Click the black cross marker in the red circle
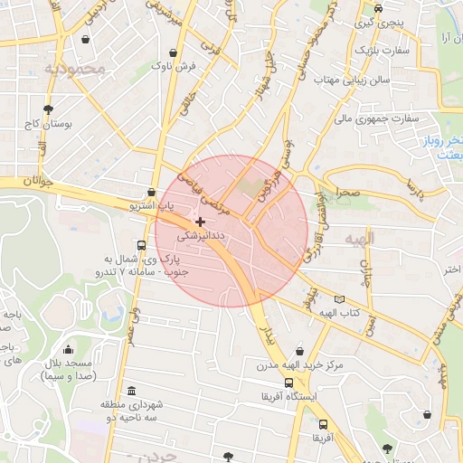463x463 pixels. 200,222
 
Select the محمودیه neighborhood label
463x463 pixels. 78,69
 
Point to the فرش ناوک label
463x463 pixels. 173,66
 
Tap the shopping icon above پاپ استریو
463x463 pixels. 150,193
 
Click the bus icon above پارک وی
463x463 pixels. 141,245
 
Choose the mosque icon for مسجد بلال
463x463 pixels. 68,350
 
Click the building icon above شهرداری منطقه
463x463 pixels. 133,391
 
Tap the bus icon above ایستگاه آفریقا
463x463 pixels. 288,383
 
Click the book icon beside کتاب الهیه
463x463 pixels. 339,299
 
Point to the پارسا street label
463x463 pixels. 414,189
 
